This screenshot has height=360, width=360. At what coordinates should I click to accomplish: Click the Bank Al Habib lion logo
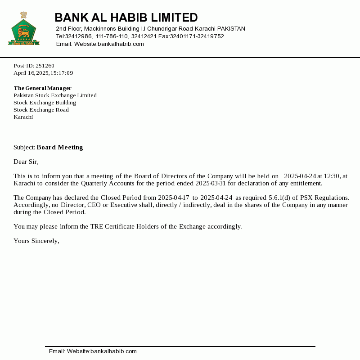23,30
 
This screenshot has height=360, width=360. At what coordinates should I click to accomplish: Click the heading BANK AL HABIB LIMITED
126,18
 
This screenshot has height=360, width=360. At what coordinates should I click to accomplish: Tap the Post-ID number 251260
45,66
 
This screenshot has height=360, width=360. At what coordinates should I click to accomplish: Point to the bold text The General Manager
42,88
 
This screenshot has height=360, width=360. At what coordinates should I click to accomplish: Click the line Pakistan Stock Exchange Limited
55,95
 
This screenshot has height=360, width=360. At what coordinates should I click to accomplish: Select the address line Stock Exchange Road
41,110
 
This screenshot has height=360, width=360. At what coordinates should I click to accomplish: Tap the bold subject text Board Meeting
60,147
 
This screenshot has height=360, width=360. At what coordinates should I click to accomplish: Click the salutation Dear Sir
26,162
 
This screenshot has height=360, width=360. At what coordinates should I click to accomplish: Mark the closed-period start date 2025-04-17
173,198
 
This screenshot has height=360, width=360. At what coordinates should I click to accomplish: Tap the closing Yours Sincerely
36,241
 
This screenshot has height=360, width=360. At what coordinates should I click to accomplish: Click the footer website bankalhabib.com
113,351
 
